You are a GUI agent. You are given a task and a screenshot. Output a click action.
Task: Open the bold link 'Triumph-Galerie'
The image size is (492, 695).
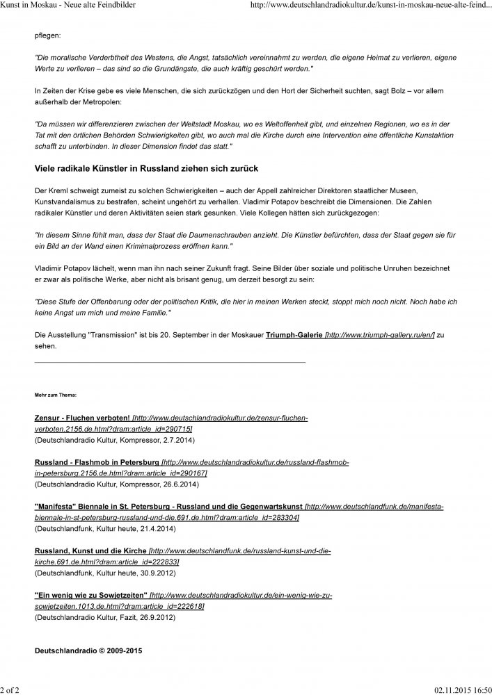pos(294,336)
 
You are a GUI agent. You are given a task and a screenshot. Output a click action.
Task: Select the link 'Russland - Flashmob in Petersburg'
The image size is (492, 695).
pos(97,462)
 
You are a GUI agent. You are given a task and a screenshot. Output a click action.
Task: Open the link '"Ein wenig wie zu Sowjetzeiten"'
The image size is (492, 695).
pos(91,596)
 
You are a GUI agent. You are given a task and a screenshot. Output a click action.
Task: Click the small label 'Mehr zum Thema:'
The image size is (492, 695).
pos(56,395)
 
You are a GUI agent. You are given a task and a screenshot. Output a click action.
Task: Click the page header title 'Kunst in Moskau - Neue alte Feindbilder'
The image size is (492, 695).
pos(68,6)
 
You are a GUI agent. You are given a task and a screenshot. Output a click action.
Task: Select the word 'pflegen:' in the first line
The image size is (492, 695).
pos(48,33)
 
